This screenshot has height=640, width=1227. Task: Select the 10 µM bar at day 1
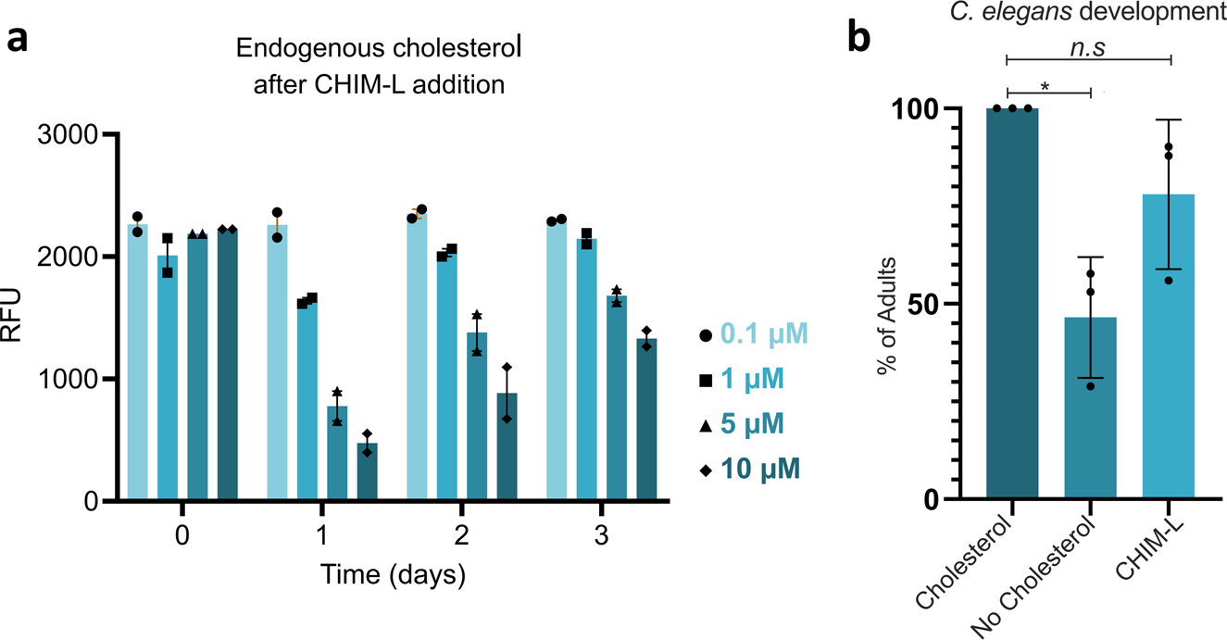368,472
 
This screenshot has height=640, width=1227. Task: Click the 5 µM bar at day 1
337,454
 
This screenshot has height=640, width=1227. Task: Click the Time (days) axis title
392,575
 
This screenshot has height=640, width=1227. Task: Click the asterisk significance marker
1045,85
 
